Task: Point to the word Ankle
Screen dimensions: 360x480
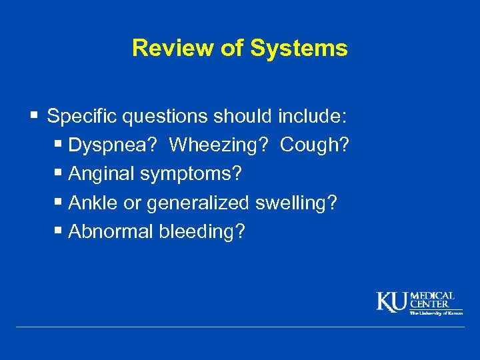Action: (93, 203)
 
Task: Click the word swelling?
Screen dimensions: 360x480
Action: (296, 203)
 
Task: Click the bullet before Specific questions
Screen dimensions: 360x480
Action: (34, 117)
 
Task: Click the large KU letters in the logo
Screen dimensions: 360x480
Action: (392, 302)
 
